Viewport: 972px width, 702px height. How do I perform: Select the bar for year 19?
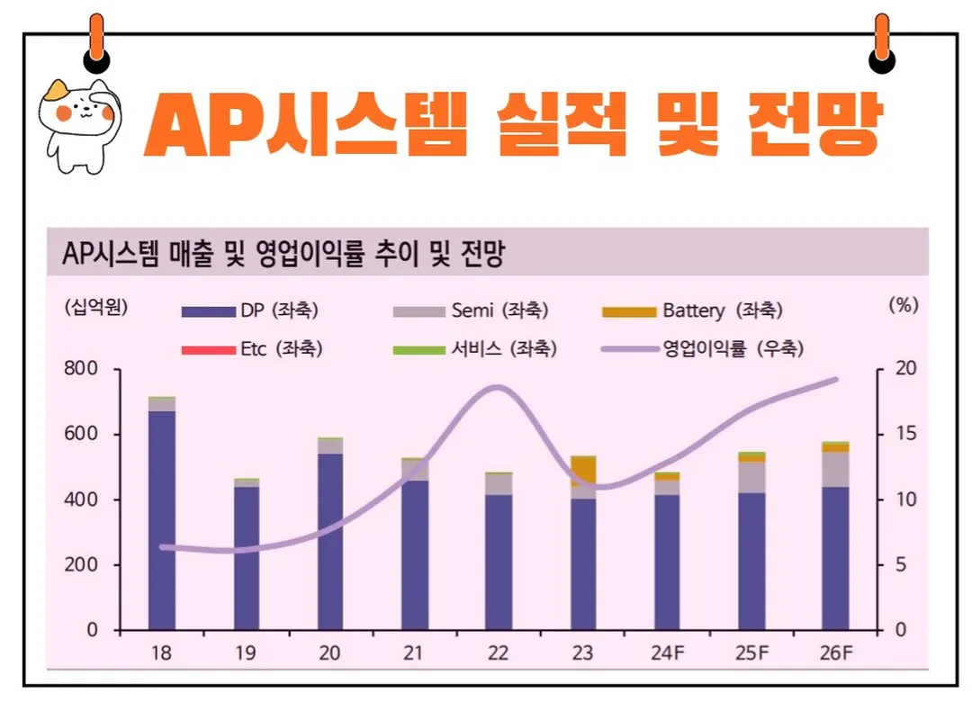tap(247, 558)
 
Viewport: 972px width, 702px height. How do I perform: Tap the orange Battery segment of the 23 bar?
tap(583, 470)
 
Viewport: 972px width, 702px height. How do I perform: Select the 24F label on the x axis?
tap(667, 653)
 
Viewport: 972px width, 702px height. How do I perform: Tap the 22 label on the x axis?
tap(499, 653)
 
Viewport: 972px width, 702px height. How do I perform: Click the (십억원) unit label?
tap(96, 306)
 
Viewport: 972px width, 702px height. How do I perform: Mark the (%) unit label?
tap(902, 304)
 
